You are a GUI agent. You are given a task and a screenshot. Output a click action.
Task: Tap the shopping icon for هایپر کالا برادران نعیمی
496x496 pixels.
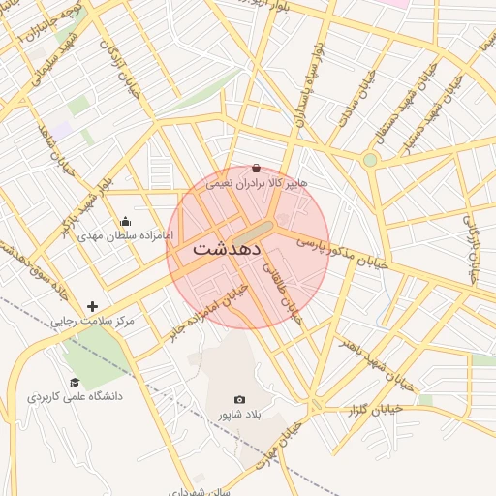point(256,168)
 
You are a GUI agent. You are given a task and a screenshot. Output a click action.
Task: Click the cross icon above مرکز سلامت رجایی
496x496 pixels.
point(92,306)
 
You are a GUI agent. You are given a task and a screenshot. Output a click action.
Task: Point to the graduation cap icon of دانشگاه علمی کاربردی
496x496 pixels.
point(75,382)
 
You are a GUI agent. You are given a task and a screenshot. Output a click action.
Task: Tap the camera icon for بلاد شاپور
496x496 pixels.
point(240,399)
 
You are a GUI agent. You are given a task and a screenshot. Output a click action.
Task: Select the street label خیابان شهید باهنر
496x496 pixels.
point(377,362)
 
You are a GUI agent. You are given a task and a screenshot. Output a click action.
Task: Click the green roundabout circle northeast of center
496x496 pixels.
point(369,160)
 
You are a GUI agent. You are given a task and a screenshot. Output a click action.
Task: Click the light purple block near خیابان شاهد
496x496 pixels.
point(62,129)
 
